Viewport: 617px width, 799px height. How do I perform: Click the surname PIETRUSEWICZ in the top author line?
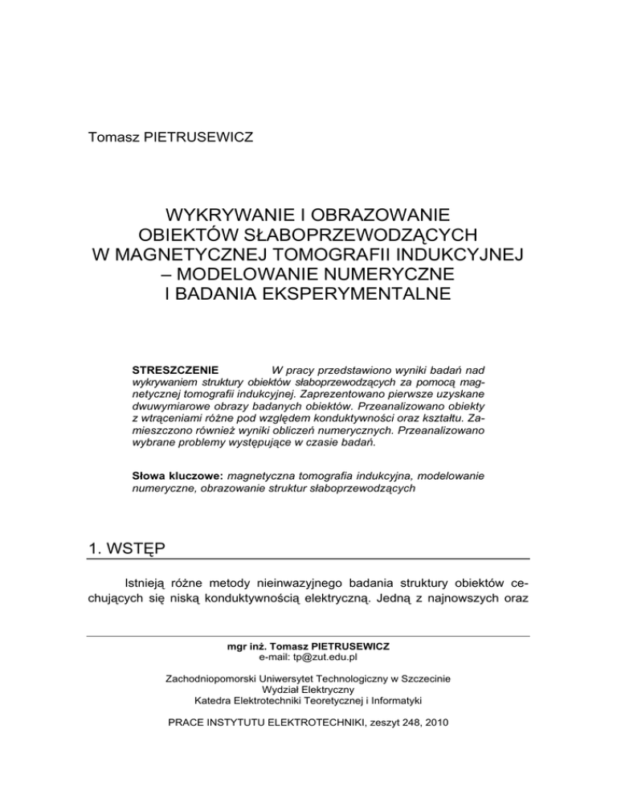[x=190, y=138]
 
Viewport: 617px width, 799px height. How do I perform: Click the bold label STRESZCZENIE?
[x=170, y=370]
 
